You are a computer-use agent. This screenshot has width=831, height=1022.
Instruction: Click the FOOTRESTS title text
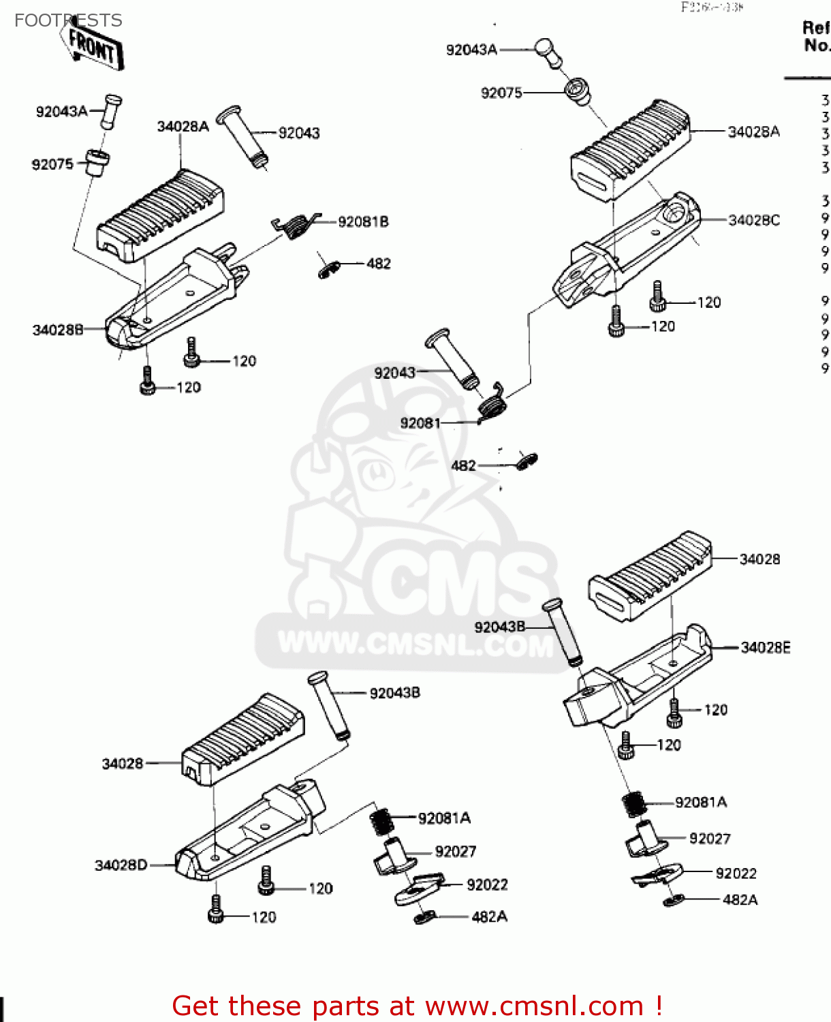pos(68,20)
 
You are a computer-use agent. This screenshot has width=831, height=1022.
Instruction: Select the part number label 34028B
pos(58,330)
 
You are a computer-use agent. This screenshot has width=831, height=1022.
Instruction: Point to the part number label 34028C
pos(754,220)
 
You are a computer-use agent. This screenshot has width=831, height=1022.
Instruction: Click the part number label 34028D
pos(121,865)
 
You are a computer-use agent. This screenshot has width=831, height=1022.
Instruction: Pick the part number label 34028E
pos(766,647)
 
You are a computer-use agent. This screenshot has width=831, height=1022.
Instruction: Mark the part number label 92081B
pos(363,221)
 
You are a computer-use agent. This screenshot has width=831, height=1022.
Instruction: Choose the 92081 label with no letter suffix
pos(420,423)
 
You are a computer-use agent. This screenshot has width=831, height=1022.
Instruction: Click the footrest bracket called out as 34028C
pos(627,252)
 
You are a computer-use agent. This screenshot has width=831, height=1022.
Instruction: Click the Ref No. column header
pos(816,37)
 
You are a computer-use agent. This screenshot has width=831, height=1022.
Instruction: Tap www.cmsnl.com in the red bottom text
pos(534,1006)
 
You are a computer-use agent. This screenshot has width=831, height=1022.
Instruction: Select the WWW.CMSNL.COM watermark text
pos(415,644)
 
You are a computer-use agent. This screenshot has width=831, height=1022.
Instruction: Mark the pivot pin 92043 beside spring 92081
pos(452,358)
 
